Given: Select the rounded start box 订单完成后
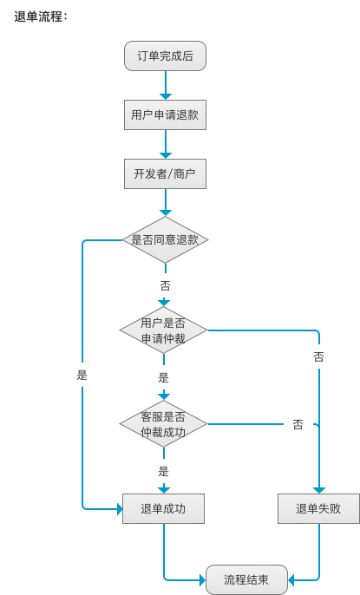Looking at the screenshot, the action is coord(165,56).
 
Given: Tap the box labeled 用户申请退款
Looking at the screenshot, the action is coord(165,115).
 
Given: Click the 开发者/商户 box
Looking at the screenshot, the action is coord(165,173).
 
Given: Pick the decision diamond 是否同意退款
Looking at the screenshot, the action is coord(165,239).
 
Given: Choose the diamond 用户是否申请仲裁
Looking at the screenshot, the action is coord(163,330).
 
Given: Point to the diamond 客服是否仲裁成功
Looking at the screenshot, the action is coord(163,424).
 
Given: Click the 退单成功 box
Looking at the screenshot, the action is coord(163,508).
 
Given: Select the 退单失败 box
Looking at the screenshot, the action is coord(318,508).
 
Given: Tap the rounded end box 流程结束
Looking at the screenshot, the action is coord(246,579).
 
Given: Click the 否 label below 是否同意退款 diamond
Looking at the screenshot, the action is coord(165,285).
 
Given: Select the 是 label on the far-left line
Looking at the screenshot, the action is coord(82,376).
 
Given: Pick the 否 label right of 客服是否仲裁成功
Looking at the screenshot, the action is coord(298,424).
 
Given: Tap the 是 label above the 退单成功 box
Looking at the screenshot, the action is coord(163,471).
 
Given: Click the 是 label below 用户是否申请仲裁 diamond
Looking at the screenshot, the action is coord(163,377).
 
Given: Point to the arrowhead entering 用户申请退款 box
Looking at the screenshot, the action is coord(166,96).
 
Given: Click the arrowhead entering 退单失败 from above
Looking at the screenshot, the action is coord(319,490).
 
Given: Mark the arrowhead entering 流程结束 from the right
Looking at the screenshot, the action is coord(291,580).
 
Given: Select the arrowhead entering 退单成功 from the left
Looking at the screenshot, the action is coord(119,509).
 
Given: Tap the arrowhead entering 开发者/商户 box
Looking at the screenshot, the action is coord(166,155).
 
